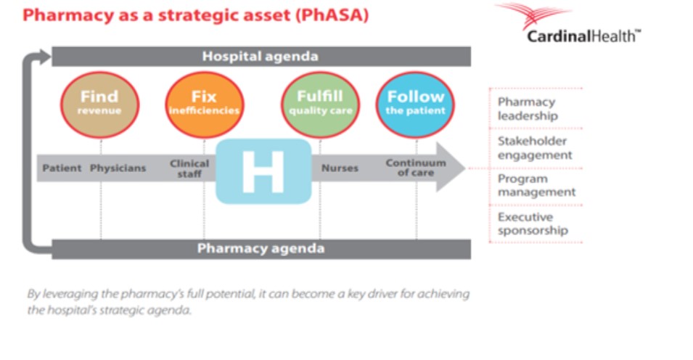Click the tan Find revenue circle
click(100, 105)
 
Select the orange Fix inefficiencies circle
click(204, 105)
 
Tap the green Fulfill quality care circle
click(321, 105)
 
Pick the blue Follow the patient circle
click(416, 105)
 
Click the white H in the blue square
click(263, 171)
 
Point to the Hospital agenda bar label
click(261, 57)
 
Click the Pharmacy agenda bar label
click(261, 248)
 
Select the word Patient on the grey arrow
click(62, 168)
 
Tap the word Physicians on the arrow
click(118, 168)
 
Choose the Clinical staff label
click(189, 168)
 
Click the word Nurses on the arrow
click(340, 168)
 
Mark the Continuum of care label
click(416, 168)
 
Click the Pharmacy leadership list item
click(528, 109)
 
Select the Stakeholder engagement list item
click(535, 148)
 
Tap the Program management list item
click(536, 185)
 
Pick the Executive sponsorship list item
click(533, 224)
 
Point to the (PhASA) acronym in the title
click(332, 15)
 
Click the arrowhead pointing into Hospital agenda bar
click(45, 57)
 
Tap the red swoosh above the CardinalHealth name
click(533, 13)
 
